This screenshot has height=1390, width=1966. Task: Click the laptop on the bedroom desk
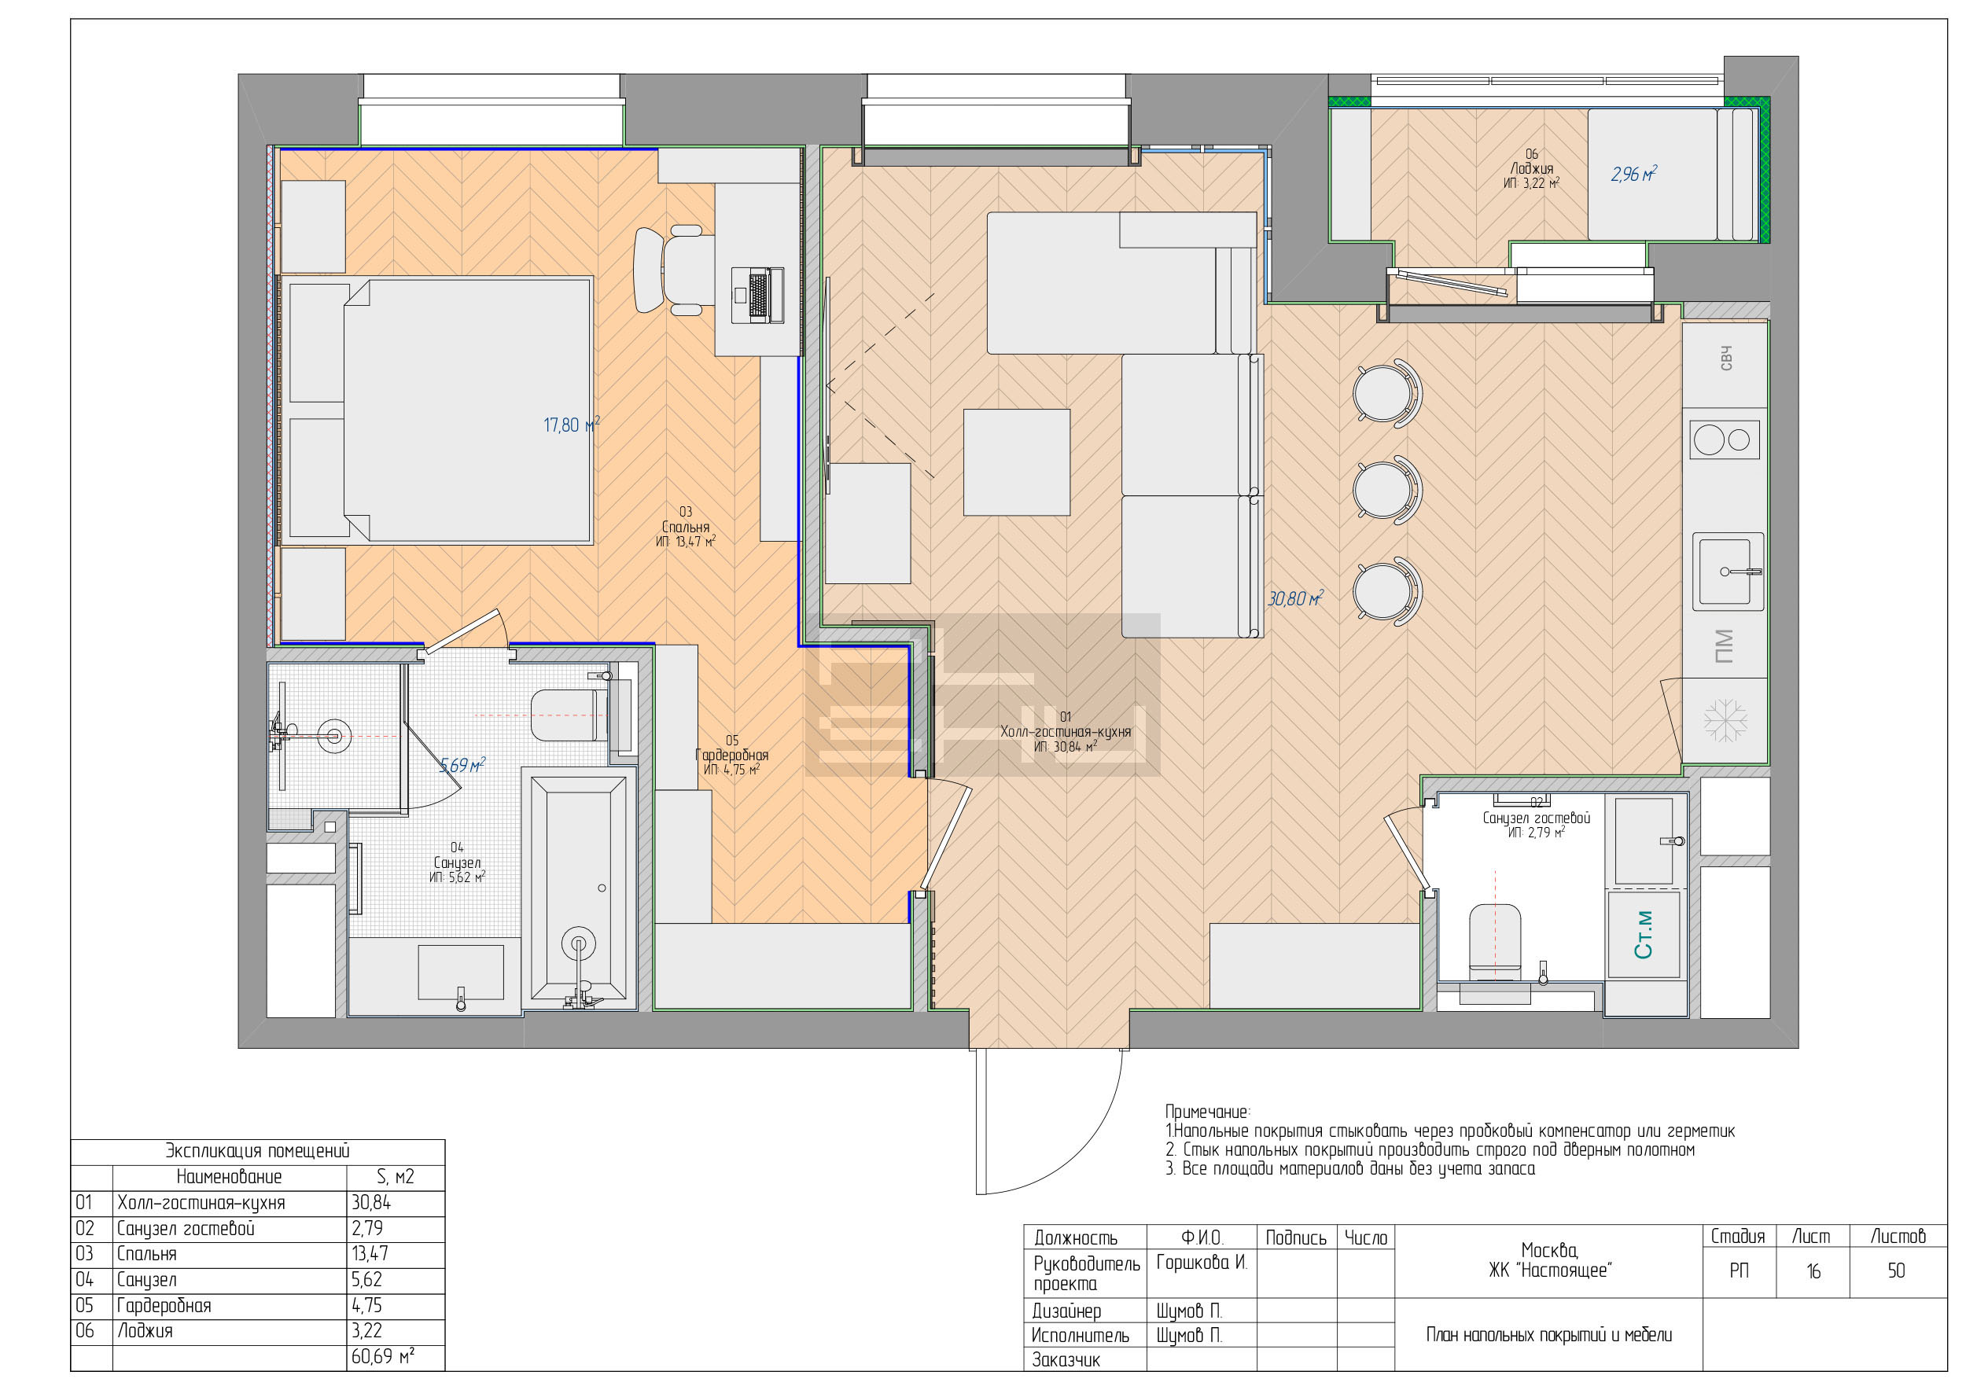(x=758, y=296)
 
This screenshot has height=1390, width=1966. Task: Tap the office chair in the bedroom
(x=675, y=270)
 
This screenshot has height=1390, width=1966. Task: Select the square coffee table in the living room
(x=1016, y=462)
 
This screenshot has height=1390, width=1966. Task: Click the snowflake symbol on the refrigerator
(x=1725, y=720)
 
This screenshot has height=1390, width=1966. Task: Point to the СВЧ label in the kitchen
(x=1726, y=359)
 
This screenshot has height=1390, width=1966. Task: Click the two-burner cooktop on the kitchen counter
(x=1725, y=440)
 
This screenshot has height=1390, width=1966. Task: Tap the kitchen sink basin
(x=1725, y=571)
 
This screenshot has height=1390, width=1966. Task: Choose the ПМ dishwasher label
(x=1724, y=646)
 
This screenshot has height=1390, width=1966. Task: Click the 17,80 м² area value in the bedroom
(x=571, y=425)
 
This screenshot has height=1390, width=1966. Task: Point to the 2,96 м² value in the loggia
(x=1633, y=174)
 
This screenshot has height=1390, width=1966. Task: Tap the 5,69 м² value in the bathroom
(x=462, y=764)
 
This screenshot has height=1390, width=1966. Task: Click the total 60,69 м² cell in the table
(x=383, y=1357)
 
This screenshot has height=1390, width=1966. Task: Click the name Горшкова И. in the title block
(x=1202, y=1263)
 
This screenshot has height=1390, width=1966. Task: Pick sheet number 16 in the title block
(x=1813, y=1271)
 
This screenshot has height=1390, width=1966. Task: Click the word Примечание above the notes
(x=1207, y=1112)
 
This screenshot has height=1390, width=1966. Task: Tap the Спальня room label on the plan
(x=685, y=527)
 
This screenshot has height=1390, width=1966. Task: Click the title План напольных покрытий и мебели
(x=1549, y=1334)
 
